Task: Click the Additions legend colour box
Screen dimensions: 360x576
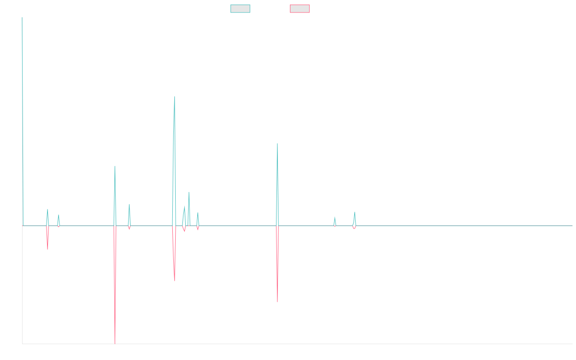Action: tap(240, 9)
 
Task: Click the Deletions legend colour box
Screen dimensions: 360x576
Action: tap(300, 9)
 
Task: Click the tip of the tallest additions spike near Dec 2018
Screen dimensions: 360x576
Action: tap(175, 96)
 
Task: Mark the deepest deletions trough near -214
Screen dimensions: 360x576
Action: tap(115, 343)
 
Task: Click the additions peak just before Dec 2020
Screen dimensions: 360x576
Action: tap(277, 143)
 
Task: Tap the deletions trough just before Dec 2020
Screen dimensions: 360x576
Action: tap(277, 302)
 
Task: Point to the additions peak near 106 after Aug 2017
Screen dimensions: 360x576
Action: tap(115, 166)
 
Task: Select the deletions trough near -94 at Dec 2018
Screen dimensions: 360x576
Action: tap(175, 281)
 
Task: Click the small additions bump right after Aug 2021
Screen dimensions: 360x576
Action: tap(335, 217)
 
